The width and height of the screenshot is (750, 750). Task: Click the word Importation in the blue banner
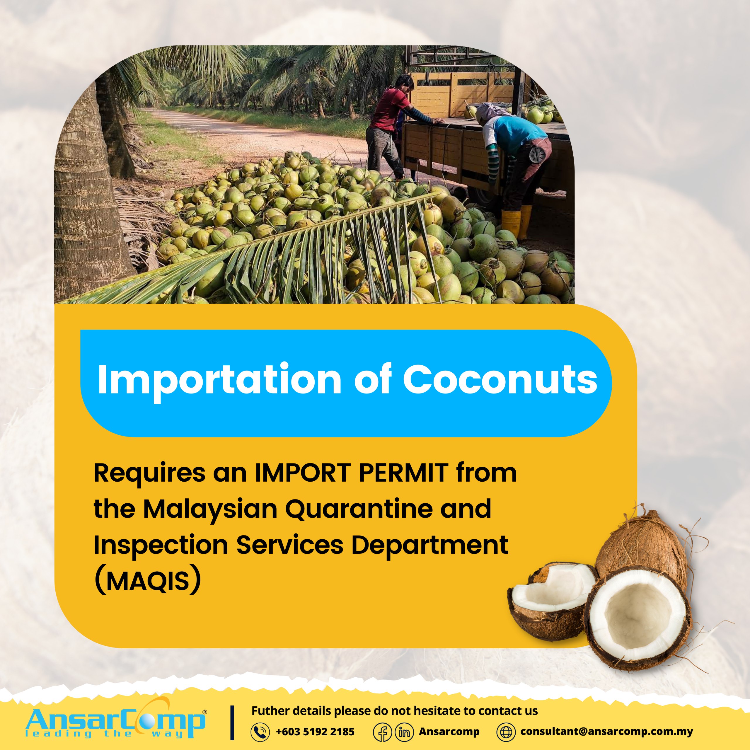click(x=219, y=381)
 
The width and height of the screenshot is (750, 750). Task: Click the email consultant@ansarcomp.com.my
click(x=607, y=731)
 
